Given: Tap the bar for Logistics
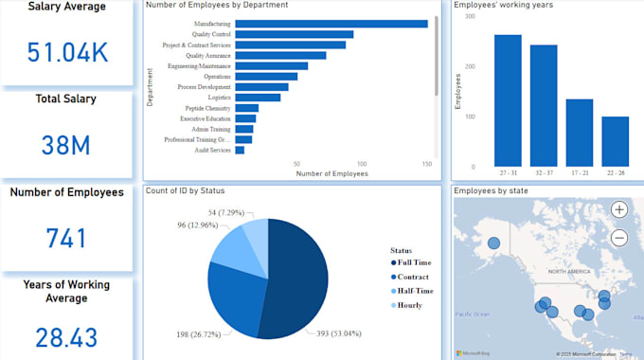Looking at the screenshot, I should (257, 97).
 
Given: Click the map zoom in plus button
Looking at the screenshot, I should (618, 209).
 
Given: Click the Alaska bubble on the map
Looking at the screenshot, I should (493, 243).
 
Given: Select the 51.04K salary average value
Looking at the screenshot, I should (67, 53).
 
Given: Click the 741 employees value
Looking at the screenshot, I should (67, 238).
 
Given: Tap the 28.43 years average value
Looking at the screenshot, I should (67, 336).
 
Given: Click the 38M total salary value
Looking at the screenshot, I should (67, 145).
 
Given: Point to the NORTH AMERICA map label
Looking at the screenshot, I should (566, 270).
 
